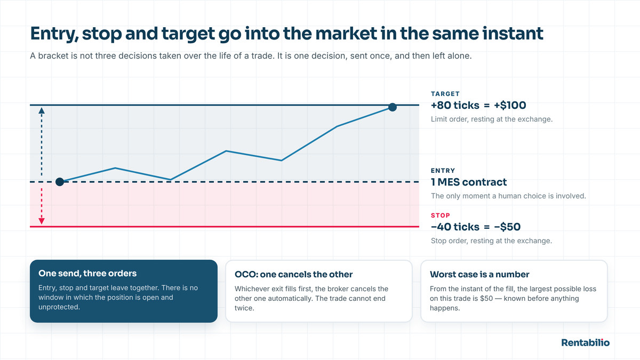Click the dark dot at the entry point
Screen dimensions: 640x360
pyautogui.click(x=60, y=182)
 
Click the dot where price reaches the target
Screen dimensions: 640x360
pyautogui.click(x=393, y=107)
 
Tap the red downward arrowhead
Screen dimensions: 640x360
pyautogui.click(x=42, y=221)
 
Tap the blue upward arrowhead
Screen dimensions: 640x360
pyautogui.click(x=42, y=110)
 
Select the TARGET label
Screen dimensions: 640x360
pyautogui.click(x=445, y=94)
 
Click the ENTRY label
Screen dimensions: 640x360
pyautogui.click(x=443, y=171)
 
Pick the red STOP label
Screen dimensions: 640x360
pyautogui.click(x=441, y=215)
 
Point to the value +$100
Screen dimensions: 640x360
pyautogui.click(x=510, y=106)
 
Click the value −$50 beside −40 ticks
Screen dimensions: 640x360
pyautogui.click(x=507, y=227)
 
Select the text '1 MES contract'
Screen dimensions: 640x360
pyautogui.click(x=469, y=182)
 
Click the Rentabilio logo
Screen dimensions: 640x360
pyautogui.click(x=586, y=342)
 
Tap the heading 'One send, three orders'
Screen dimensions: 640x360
pyautogui.click(x=87, y=274)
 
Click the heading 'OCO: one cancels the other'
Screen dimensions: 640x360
pyautogui.click(x=293, y=274)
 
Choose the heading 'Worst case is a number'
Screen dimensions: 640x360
pyautogui.click(x=479, y=274)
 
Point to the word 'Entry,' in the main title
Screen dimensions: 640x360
pyautogui.click(x=54, y=34)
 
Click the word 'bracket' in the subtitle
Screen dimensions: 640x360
pyautogui.click(x=53, y=55)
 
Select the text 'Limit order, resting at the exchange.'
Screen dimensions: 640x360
pyautogui.click(x=492, y=119)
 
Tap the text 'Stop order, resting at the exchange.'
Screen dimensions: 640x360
pyautogui.click(x=491, y=241)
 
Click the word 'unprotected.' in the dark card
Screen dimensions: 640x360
pyautogui.click(x=59, y=307)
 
